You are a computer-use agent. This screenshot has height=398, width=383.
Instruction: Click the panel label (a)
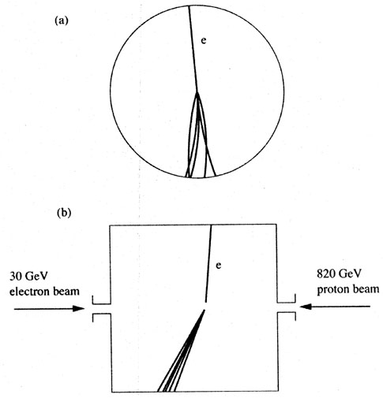point(62,20)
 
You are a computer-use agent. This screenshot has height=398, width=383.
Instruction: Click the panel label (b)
point(64,213)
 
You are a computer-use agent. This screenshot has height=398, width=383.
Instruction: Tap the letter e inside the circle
point(203,41)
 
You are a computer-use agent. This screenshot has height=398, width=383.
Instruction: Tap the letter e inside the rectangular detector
point(218,266)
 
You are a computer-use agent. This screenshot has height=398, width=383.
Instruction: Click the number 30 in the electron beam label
point(16,277)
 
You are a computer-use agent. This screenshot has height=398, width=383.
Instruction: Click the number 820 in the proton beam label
point(325,274)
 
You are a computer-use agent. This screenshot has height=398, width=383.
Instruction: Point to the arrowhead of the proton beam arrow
point(306,307)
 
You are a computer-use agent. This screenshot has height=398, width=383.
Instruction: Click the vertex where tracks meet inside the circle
point(197,92)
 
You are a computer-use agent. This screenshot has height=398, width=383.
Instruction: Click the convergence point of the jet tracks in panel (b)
point(205,311)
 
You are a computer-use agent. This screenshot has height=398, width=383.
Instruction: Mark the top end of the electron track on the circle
point(189,6)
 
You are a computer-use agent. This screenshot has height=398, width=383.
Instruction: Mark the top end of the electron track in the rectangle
point(211,225)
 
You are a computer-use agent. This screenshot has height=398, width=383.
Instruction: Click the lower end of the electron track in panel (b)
point(205,302)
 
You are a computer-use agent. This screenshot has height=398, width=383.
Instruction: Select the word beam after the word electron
point(66,292)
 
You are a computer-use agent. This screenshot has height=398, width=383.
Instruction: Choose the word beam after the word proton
point(366,289)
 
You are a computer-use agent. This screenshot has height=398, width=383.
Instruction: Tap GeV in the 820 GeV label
point(348,274)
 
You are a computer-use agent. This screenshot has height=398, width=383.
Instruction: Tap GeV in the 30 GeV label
point(36,277)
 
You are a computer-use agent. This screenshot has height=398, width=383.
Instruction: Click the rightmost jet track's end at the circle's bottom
point(216,175)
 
